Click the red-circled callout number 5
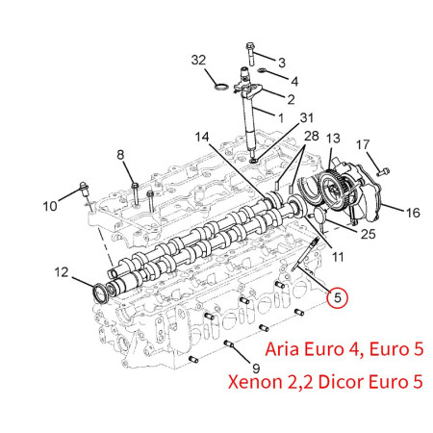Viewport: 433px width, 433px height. pos(337,297)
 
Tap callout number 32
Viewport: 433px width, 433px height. pos(198,60)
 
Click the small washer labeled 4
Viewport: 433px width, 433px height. pos(262,70)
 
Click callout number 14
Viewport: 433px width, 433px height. pos(202,138)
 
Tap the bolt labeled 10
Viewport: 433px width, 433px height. pos(85,190)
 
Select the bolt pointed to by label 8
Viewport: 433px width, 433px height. pos(135,193)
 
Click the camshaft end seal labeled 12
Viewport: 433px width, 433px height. pos(100,293)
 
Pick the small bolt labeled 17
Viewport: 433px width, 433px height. pos(383,171)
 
